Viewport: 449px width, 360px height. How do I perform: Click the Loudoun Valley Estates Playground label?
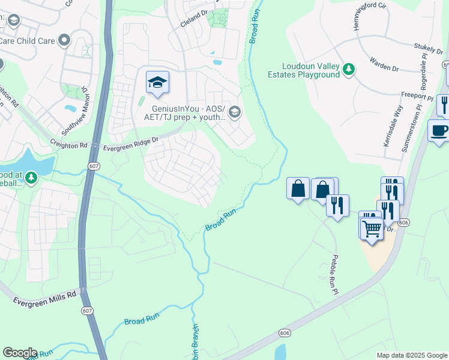pos(311,70)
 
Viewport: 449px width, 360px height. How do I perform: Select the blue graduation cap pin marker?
pos(157,82)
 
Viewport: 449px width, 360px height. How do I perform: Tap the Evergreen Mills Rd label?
pos(38,295)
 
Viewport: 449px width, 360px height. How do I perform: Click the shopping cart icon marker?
pos(372,229)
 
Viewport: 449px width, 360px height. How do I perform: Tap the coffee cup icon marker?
pos(439,131)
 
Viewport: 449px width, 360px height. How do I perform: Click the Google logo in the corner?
pos(20,353)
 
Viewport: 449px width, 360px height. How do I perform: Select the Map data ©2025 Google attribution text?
pos(411,355)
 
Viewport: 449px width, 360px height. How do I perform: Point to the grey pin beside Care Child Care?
pos(65,41)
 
